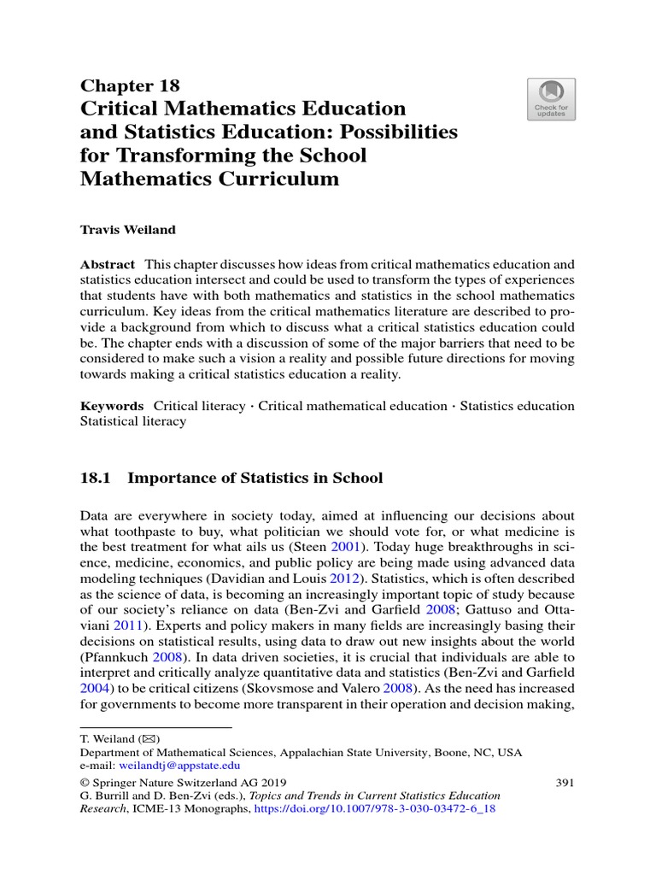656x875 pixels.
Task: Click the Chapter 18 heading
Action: [130, 85]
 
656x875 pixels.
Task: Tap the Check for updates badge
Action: [551, 99]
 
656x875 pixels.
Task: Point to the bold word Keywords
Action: [112, 406]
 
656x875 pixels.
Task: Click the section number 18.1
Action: [96, 478]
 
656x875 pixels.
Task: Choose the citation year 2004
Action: [95, 688]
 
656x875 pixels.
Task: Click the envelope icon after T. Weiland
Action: [150, 738]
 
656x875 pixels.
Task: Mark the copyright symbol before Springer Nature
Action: [85, 782]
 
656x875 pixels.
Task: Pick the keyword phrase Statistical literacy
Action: [132, 421]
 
